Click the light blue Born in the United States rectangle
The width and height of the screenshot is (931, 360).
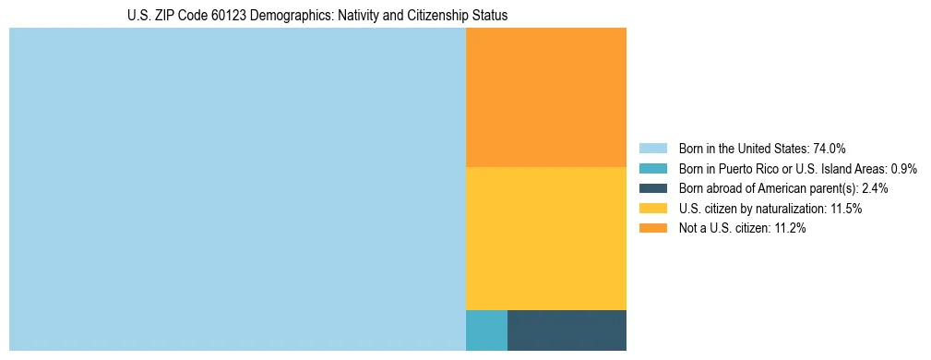pos(237,189)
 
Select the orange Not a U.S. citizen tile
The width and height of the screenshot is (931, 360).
pos(546,97)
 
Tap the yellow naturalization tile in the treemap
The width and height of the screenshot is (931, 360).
pos(546,238)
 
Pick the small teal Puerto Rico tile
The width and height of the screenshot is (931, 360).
pos(486,330)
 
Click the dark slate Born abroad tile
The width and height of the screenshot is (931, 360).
pos(567,330)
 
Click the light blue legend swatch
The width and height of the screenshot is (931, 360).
pos(652,149)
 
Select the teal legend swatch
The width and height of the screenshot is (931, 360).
pos(652,169)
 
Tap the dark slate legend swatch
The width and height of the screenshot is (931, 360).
pos(652,188)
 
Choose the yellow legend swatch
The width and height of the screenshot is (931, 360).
pos(652,209)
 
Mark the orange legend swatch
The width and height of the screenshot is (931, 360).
pos(652,229)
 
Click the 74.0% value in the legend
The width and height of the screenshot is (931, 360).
pos(830,149)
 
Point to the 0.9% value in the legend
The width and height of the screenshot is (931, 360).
pos(903,169)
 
